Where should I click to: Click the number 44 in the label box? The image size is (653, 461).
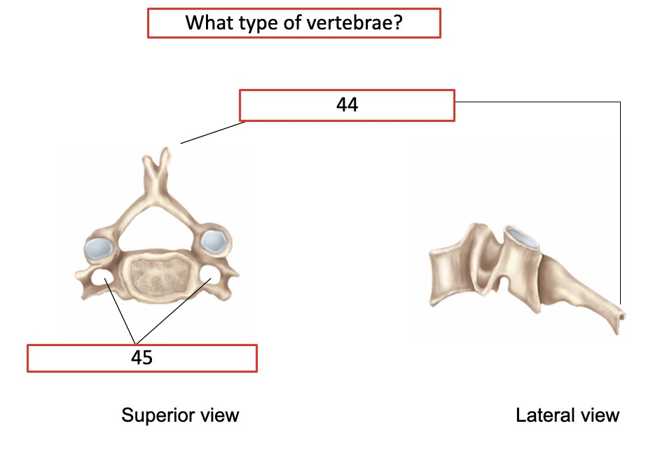(x=347, y=105)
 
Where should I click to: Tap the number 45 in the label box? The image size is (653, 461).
(x=142, y=358)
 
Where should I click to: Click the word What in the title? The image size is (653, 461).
(x=207, y=22)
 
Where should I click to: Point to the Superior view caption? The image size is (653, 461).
(x=180, y=415)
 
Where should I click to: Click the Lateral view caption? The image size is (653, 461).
(x=568, y=415)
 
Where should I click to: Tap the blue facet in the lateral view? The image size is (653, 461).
(x=523, y=238)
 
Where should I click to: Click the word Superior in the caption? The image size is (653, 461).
(x=155, y=415)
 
